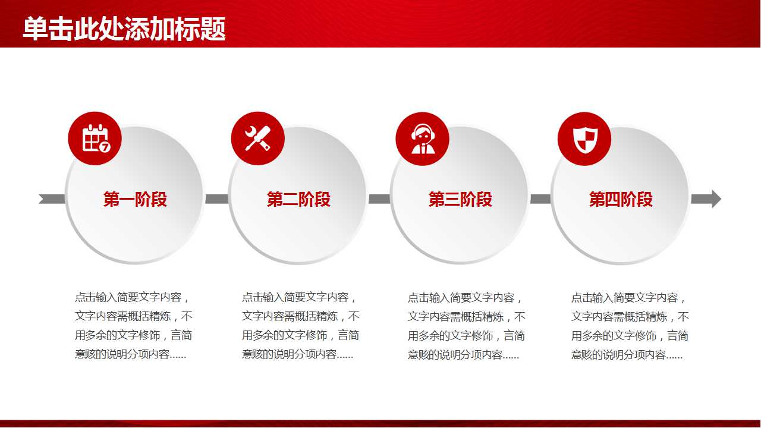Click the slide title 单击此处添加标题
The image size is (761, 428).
click(x=124, y=29)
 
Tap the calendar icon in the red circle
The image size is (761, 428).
click(x=95, y=139)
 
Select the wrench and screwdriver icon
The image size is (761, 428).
click(x=257, y=139)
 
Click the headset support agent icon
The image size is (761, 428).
click(x=422, y=139)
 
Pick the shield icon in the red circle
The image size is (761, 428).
click(x=584, y=139)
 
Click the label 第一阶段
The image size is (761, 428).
click(x=135, y=200)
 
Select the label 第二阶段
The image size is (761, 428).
click(x=298, y=200)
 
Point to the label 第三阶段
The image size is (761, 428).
click(x=460, y=200)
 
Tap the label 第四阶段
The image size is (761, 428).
click(x=621, y=200)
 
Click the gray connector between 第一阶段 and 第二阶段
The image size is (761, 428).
click(x=216, y=199)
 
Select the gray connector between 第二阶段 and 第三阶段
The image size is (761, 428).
click(x=379, y=199)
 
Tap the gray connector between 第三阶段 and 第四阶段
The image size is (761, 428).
click(x=540, y=199)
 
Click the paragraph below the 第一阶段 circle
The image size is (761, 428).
click(x=134, y=326)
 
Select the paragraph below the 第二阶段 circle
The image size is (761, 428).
click(x=300, y=326)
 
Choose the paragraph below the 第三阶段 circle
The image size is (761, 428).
click(x=466, y=326)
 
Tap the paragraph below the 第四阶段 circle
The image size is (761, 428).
click(x=630, y=326)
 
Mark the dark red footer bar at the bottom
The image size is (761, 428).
click(x=380, y=424)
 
